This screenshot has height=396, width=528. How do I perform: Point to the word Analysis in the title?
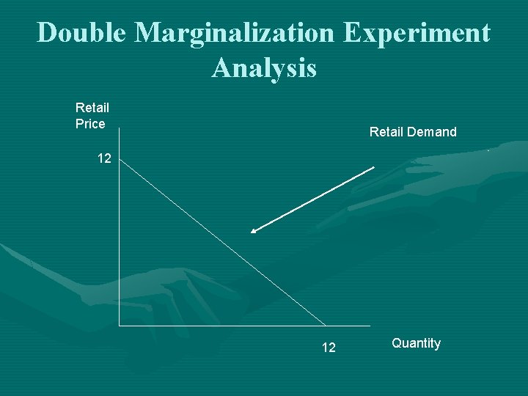pyautogui.click(x=264, y=68)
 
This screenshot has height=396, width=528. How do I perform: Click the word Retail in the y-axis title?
pyautogui.click(x=92, y=108)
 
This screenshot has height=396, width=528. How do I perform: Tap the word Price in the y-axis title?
pyautogui.click(x=90, y=124)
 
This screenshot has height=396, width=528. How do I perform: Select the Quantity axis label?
pyautogui.click(x=416, y=343)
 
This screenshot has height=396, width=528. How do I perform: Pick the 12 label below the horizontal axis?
pyautogui.click(x=329, y=347)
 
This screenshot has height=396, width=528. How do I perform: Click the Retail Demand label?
pyautogui.click(x=413, y=132)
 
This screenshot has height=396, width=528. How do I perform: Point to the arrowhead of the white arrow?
pyautogui.click(x=252, y=232)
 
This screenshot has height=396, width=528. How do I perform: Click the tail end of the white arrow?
pyautogui.click(x=373, y=168)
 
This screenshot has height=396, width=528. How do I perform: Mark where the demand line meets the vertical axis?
pyautogui.click(x=120, y=159)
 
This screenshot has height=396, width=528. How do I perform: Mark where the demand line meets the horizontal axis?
pyautogui.click(x=326, y=324)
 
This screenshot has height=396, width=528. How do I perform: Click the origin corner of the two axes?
pyautogui.click(x=120, y=324)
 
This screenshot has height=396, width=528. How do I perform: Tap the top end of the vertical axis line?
pyautogui.click(x=120, y=130)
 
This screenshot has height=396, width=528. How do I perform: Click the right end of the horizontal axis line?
pyautogui.click(x=370, y=324)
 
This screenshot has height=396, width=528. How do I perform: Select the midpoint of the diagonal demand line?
pyautogui.click(x=222, y=241)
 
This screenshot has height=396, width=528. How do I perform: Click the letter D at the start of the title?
pyautogui.click(x=47, y=33)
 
